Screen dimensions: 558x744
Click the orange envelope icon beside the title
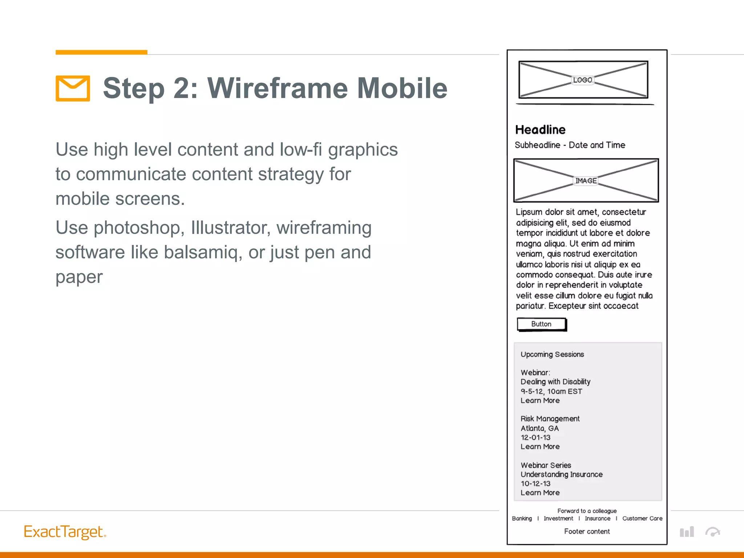(73, 88)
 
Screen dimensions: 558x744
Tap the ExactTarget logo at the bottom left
(65, 532)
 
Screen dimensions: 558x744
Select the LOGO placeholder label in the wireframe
(582, 80)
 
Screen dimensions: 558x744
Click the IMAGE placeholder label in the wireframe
(586, 181)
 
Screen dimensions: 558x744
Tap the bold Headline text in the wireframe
(540, 130)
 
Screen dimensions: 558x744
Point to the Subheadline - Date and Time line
(570, 145)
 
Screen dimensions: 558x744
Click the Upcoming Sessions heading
(552, 354)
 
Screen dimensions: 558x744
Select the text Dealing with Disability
(555, 381)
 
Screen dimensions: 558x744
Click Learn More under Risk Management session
(540, 446)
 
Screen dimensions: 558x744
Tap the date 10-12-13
(535, 484)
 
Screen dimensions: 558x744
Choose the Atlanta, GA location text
(539, 428)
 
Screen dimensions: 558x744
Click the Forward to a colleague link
(587, 511)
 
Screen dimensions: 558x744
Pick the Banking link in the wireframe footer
(522, 518)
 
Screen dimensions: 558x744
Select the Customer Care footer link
(642, 518)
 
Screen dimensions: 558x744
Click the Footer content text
(587, 531)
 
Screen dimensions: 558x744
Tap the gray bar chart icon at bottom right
(687, 532)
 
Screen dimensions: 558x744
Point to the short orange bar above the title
(101, 52)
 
